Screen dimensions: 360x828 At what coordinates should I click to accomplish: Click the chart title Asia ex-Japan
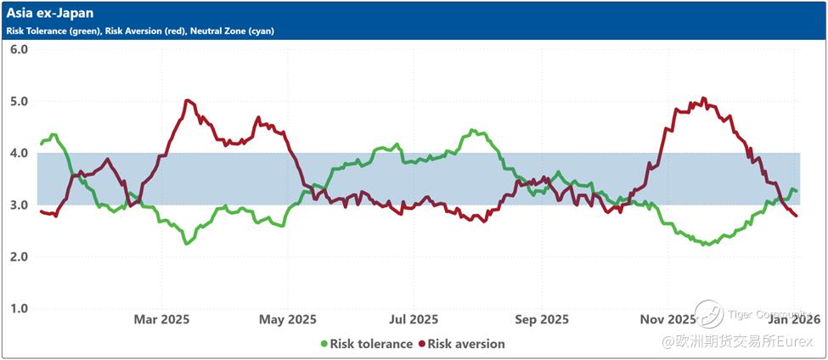(x=50, y=14)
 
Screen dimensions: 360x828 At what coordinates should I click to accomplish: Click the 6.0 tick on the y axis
(x=20, y=49)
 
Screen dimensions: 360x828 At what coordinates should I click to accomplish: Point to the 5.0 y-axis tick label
(x=20, y=101)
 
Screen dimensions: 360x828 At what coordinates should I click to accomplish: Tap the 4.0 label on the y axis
(x=20, y=153)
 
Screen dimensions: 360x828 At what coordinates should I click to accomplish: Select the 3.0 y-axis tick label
(x=20, y=205)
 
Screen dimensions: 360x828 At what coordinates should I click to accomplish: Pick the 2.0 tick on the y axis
(x=20, y=256)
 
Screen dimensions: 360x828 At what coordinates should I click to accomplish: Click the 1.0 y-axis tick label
(x=20, y=308)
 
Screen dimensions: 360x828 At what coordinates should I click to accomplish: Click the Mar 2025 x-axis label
(x=161, y=319)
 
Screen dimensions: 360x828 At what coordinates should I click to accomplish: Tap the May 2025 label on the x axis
(x=288, y=319)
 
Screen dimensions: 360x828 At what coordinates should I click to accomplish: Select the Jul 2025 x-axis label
(x=414, y=319)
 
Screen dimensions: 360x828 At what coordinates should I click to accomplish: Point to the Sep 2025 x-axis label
(x=543, y=319)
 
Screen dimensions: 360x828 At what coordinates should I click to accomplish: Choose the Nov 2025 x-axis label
(x=667, y=319)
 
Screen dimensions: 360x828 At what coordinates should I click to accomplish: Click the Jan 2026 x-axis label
(x=795, y=319)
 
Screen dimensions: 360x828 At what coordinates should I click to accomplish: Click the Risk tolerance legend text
(x=372, y=344)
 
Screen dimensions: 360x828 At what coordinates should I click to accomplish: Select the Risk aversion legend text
(x=466, y=344)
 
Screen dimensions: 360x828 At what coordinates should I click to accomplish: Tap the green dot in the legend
(x=324, y=344)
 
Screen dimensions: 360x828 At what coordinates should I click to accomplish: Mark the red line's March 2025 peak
(x=188, y=100)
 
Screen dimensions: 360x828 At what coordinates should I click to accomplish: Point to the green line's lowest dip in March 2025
(x=186, y=244)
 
